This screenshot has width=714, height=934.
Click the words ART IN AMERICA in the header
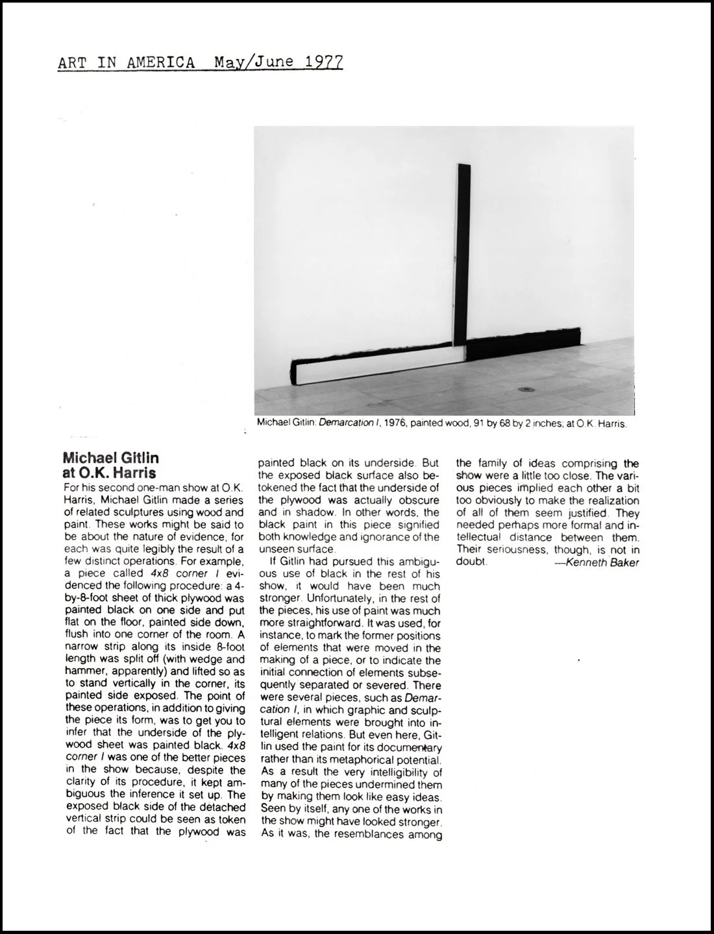(126, 62)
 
